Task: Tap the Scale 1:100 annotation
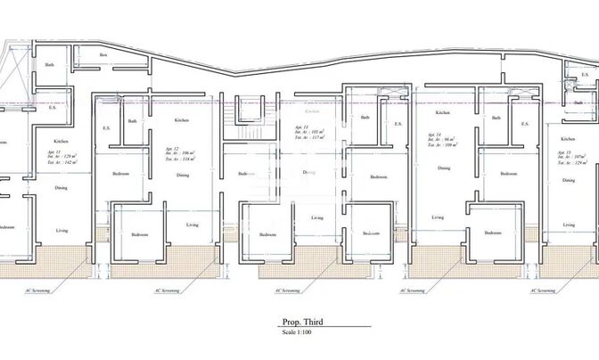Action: click(297, 334)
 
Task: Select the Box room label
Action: click(103, 56)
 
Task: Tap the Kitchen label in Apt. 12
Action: click(182, 120)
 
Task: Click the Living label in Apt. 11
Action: click(316, 217)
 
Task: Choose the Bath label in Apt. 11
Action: click(365, 118)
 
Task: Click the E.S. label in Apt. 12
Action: click(106, 127)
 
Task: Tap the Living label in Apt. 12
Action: click(193, 225)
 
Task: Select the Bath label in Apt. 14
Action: click(497, 118)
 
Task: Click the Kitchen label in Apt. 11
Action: click(312, 111)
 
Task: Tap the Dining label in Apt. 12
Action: click(182, 176)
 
